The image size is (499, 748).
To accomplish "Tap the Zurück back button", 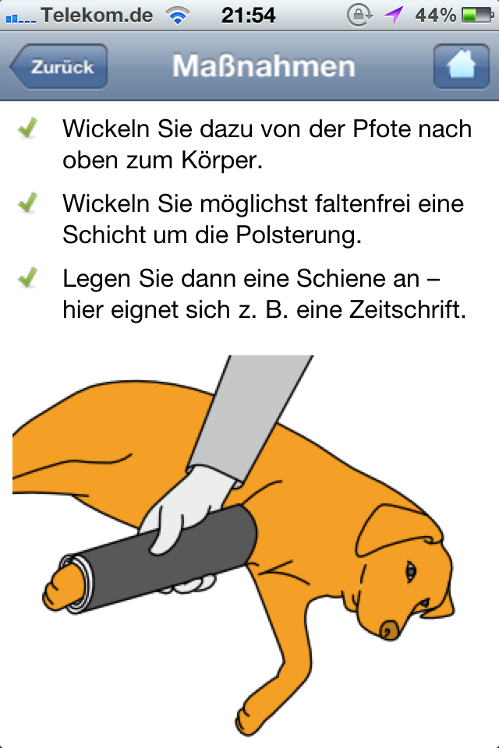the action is point(58,66).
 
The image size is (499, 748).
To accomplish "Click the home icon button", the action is point(461,66).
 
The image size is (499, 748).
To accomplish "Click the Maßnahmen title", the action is point(264,65).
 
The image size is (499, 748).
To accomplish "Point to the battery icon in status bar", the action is point(477,16).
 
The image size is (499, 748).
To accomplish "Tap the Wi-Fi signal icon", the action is point(177,16).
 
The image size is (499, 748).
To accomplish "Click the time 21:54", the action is point(248,16).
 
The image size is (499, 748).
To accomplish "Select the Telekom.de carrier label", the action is point(97,16).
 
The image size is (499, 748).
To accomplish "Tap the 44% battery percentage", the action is point(436,16).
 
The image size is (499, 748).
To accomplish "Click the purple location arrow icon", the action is point(394,16).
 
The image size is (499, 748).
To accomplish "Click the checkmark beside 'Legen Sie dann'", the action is point(28,277).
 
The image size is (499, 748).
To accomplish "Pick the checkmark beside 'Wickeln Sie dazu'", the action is point(28,128).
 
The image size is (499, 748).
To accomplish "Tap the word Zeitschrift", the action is point(407,309).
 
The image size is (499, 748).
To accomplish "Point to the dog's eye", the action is point(410,571).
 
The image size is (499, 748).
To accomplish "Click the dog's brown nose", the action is point(390,630).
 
